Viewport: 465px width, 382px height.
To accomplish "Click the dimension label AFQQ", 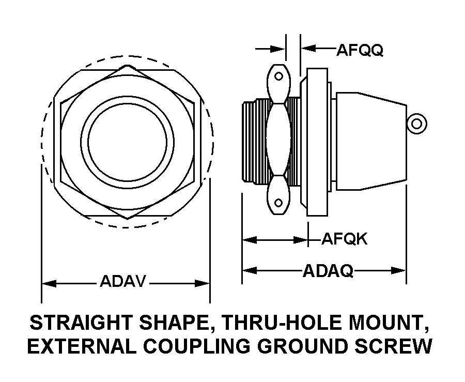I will (x=360, y=50).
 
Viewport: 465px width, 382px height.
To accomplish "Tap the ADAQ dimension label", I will (x=328, y=270).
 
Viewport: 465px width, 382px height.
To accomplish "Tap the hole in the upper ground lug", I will (x=279, y=77).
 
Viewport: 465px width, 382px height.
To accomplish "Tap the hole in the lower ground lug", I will (x=279, y=203).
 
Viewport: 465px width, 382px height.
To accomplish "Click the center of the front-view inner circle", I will (x=127, y=141).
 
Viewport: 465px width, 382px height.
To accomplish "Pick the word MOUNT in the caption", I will (x=389, y=323).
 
